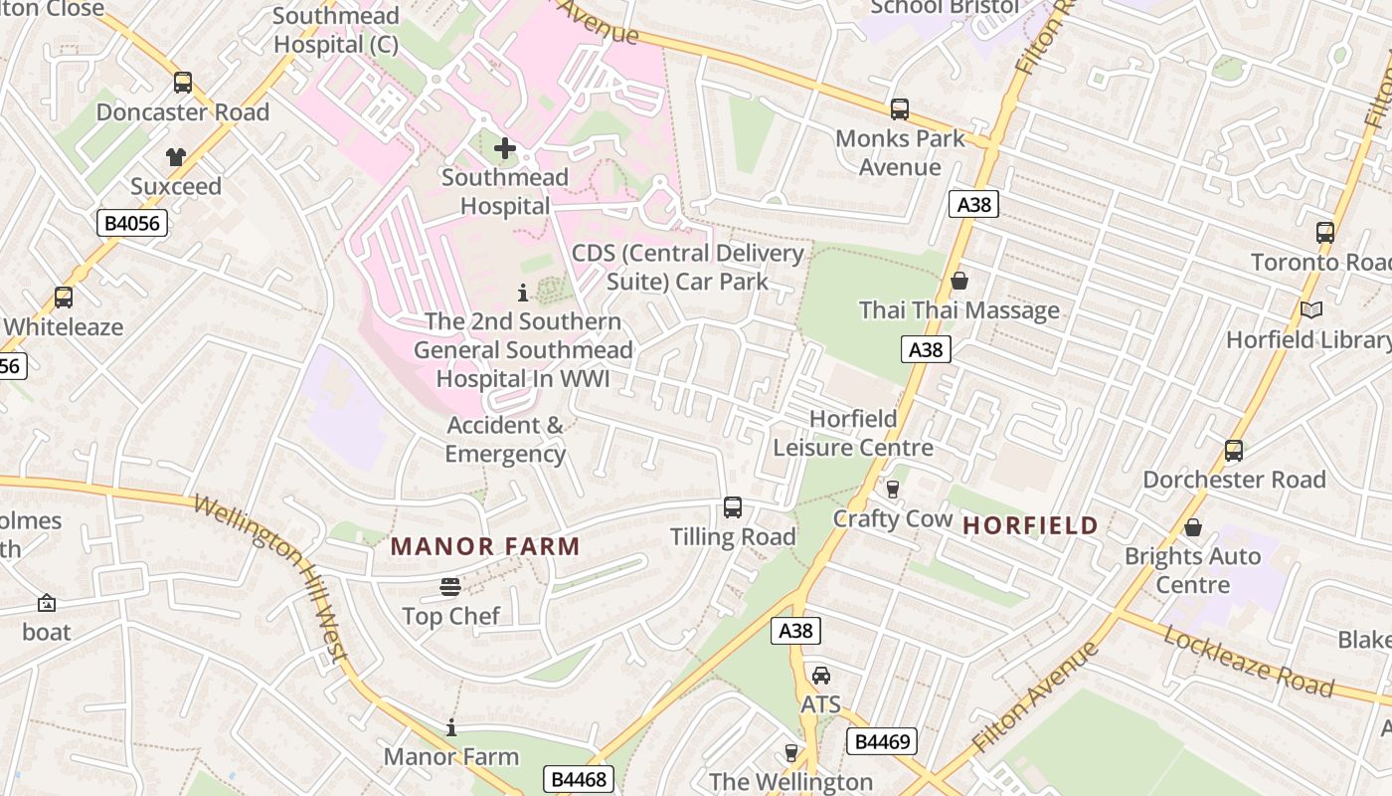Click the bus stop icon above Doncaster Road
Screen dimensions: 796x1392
click(182, 83)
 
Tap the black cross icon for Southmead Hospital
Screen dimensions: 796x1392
click(505, 149)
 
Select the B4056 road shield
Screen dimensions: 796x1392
click(132, 223)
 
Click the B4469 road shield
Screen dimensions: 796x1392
click(881, 741)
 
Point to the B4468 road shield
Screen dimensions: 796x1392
click(578, 779)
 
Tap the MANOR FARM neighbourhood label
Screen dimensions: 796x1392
click(485, 546)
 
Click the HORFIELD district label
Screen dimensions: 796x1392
click(1031, 525)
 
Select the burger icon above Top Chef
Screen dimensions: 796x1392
click(450, 587)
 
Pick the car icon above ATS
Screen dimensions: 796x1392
click(821, 676)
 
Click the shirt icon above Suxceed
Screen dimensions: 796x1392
click(176, 156)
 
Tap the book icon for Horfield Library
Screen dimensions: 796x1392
click(1311, 310)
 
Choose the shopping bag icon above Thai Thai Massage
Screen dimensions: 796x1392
click(959, 282)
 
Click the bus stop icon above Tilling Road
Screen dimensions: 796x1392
click(733, 507)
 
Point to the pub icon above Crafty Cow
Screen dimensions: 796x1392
click(892, 490)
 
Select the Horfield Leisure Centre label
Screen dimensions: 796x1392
click(853, 433)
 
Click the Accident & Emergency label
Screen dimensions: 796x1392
click(505, 440)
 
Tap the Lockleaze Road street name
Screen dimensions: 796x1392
click(1248, 661)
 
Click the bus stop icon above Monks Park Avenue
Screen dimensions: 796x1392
click(900, 109)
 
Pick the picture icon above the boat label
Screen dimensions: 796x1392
click(47, 603)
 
